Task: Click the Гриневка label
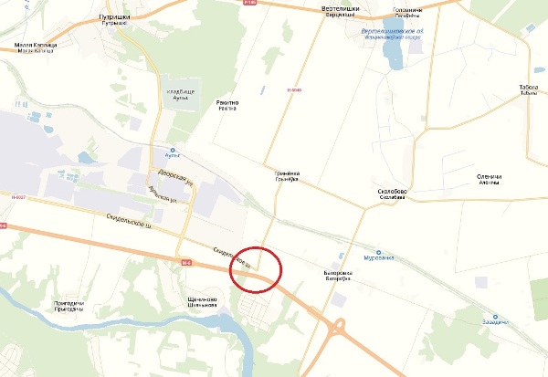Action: pos(287,176)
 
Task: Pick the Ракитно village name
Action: pos(227,105)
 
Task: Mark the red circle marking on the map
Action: pos(257,270)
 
